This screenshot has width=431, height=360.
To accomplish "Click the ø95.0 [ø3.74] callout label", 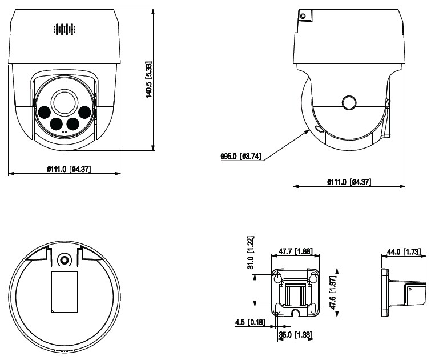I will click(240, 155).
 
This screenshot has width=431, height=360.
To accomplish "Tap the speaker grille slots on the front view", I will click(65, 30).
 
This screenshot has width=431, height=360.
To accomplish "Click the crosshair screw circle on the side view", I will click(349, 102).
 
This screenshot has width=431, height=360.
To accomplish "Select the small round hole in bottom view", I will click(65, 259).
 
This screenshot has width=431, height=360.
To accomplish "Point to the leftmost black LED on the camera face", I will click(45, 112).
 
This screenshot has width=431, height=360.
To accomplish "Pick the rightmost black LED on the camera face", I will click(85, 112).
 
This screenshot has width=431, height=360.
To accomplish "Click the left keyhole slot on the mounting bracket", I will click(277, 277).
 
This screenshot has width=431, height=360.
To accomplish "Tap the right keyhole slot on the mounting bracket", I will click(313, 277).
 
